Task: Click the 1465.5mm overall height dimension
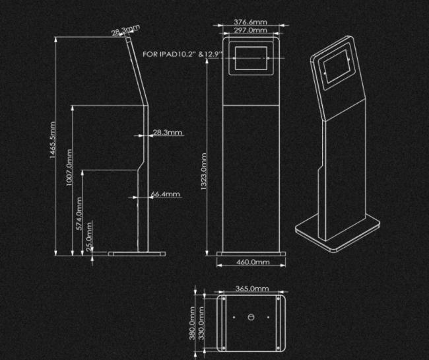53,140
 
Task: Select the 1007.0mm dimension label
69,168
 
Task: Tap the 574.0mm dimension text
79,213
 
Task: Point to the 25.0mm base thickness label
89,236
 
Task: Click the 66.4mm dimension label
165,194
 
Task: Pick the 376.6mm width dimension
250,22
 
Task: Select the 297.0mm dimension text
250,30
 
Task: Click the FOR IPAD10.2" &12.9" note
182,54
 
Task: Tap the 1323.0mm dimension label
204,171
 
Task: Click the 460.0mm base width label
253,262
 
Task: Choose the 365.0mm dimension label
252,289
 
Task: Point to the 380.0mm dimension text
192,323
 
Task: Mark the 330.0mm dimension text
201,323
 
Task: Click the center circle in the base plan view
251,317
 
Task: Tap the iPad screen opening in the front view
251,58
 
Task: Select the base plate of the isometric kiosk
338,232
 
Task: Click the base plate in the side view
137,254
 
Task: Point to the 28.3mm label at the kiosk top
125,30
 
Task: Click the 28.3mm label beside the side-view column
168,132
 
